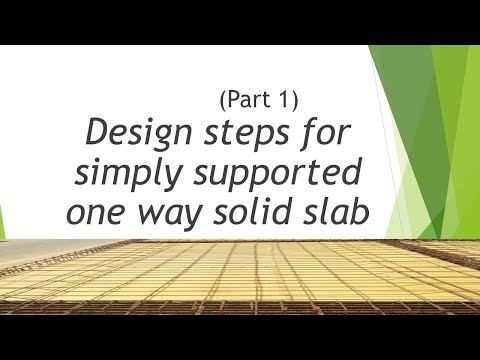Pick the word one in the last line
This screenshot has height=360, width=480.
click(98, 212)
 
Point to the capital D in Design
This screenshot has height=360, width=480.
click(101, 133)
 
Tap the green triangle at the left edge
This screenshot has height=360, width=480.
click(5, 221)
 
